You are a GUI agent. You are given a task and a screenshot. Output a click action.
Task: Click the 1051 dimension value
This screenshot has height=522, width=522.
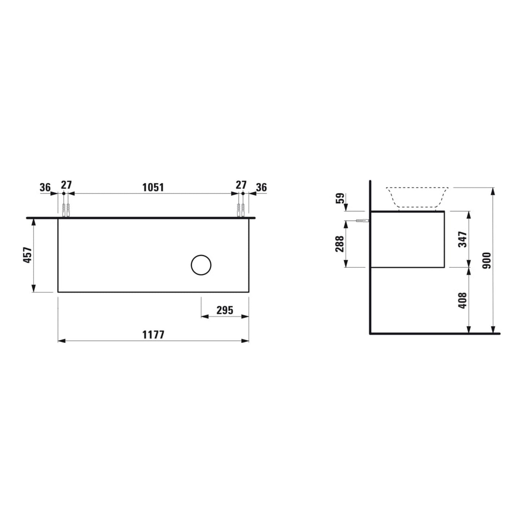(153, 187)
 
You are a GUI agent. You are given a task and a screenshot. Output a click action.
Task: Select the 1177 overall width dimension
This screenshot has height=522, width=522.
(153, 335)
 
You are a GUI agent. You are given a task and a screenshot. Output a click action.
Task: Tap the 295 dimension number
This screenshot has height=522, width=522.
(225, 310)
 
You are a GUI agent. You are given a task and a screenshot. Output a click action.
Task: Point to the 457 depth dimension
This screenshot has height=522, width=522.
(27, 255)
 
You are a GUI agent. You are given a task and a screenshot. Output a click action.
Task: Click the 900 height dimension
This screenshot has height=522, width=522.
(487, 260)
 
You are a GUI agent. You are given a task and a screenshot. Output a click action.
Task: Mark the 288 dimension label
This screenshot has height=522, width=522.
(340, 244)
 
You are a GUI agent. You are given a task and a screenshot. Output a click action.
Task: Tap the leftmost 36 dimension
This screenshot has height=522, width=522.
(45, 187)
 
